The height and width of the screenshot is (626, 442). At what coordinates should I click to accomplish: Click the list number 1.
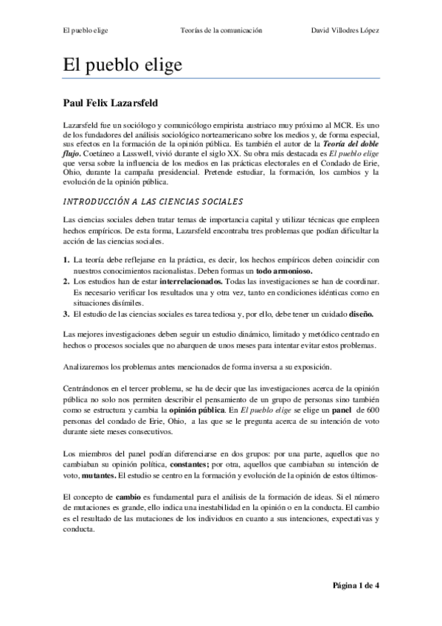[66, 260]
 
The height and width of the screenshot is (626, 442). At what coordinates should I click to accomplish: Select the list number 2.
[66, 282]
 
